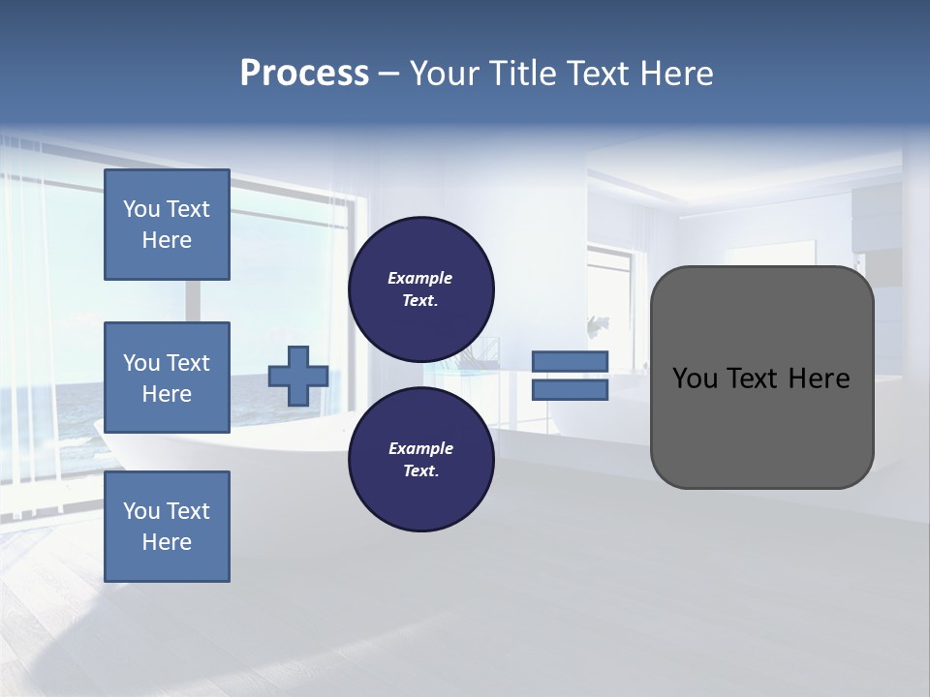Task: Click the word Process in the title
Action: pos(304,74)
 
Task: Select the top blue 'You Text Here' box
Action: pos(167,225)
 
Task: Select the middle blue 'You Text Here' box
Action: pos(167,378)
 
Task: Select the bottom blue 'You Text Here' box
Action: pos(167,527)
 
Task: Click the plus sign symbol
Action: pos(297,376)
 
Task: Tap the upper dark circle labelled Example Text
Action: pos(420,288)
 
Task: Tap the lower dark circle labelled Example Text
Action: pos(420,459)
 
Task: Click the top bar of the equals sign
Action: pos(570,361)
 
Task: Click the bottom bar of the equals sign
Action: pos(570,390)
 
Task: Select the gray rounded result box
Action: pos(761,426)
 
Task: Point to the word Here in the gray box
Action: pos(819,379)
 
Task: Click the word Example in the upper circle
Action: pos(419,278)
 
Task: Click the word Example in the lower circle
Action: pos(419,448)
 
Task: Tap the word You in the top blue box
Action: pos(141,209)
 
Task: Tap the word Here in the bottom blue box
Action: pos(167,542)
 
